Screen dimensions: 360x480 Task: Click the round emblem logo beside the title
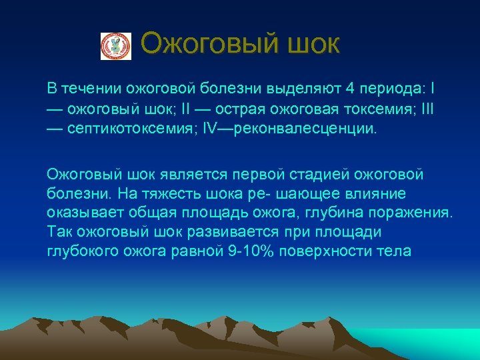pos(116,46)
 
